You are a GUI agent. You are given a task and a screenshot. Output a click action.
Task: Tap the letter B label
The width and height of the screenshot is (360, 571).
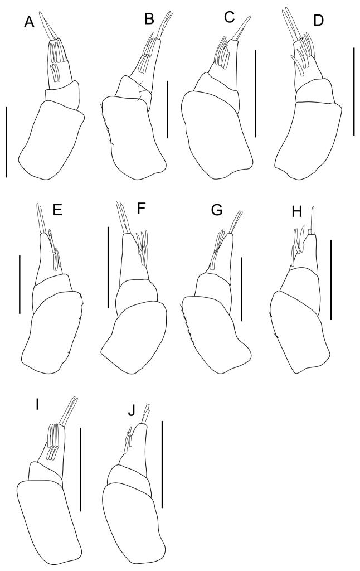[149, 21]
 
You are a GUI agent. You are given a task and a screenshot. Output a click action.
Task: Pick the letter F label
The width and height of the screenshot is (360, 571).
[140, 211]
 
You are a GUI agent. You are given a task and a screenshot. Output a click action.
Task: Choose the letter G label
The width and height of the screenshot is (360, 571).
[219, 211]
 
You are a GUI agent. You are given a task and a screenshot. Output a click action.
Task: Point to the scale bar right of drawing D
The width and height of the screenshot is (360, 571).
[353, 91]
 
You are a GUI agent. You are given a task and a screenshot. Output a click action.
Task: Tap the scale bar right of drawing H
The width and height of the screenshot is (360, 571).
[331, 279]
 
